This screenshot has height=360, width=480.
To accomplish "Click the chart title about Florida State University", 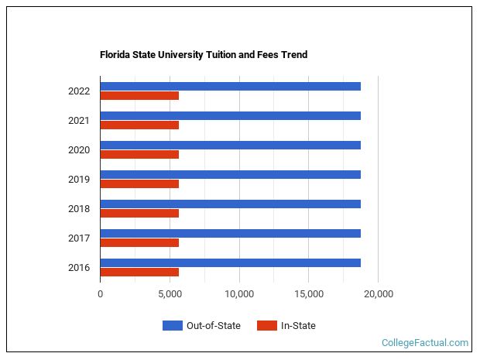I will pos(204,55).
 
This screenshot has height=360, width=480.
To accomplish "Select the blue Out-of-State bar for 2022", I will pos(230,86).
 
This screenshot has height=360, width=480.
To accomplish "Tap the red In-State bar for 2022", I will pos(139,96).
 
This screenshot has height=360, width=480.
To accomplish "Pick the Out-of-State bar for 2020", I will pos(230,145).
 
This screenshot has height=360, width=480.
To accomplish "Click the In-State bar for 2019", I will pos(139,184).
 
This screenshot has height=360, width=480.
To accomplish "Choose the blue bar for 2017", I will pos(230,233).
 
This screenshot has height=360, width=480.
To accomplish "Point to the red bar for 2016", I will pos(139,272).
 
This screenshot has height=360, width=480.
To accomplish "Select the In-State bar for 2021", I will pos(139,125).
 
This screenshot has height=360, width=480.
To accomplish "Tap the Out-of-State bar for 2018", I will pos(230,204).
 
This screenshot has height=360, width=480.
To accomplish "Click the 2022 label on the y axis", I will pos(79,91).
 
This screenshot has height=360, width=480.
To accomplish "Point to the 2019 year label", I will pos(79,180).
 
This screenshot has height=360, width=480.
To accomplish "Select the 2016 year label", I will pos(79,268).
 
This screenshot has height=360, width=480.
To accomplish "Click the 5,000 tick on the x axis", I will pos(170,294).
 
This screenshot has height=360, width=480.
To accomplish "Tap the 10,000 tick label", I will pos(239,294).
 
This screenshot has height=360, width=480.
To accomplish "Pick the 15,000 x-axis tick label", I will pos(309,294).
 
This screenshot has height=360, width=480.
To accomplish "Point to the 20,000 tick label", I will pos(379,294).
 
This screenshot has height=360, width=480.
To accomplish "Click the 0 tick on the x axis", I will pos(100,294).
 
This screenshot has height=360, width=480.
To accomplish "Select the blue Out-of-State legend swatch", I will pos(172,326).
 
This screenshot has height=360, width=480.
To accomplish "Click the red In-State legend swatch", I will pos(267,326).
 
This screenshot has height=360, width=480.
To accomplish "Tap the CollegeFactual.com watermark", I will pos(425,343).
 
